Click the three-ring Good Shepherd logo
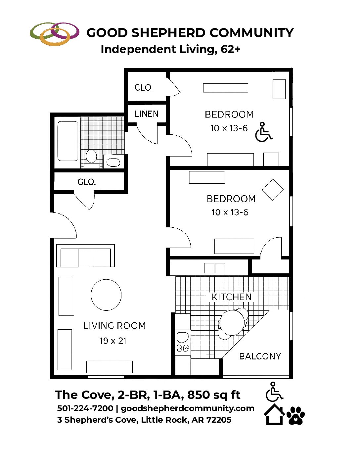(x=55, y=34)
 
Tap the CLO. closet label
(x=144, y=87)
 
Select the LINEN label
(x=147, y=114)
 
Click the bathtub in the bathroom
(x=67, y=141)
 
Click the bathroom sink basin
(x=113, y=162)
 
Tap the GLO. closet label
(x=86, y=182)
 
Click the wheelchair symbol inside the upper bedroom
(x=263, y=132)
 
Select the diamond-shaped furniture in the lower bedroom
(x=273, y=190)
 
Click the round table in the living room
(x=106, y=295)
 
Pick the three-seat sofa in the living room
(x=86, y=256)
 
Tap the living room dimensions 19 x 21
(x=113, y=341)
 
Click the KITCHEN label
(x=232, y=297)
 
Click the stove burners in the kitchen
(x=182, y=349)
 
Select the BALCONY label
(x=260, y=356)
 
